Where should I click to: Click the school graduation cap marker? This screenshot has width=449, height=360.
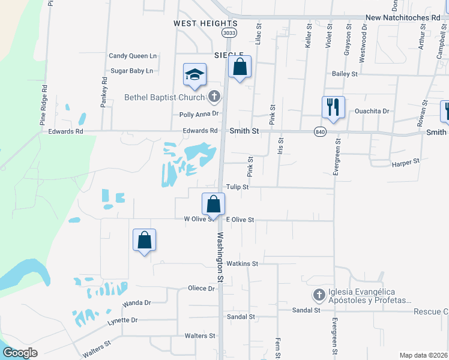(x=194, y=75)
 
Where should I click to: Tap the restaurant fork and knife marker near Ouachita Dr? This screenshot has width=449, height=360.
(x=333, y=107)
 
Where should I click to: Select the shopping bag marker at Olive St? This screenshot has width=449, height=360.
(x=213, y=205)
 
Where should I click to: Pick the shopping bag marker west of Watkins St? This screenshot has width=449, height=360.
(x=144, y=240)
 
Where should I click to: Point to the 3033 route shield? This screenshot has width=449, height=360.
(x=228, y=32)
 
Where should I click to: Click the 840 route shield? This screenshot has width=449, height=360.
(x=319, y=131)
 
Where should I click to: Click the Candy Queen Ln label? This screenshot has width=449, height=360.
(x=132, y=56)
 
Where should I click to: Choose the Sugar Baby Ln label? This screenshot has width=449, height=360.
(x=131, y=71)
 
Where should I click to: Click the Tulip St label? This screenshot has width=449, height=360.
(x=237, y=187)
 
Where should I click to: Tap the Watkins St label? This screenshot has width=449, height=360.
(x=243, y=263)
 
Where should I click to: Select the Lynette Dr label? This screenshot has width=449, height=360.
(x=122, y=321)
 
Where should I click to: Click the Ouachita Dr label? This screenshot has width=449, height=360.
(x=372, y=111)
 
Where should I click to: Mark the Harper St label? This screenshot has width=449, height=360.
(x=405, y=163)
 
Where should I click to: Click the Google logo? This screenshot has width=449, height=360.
(x=20, y=353)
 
